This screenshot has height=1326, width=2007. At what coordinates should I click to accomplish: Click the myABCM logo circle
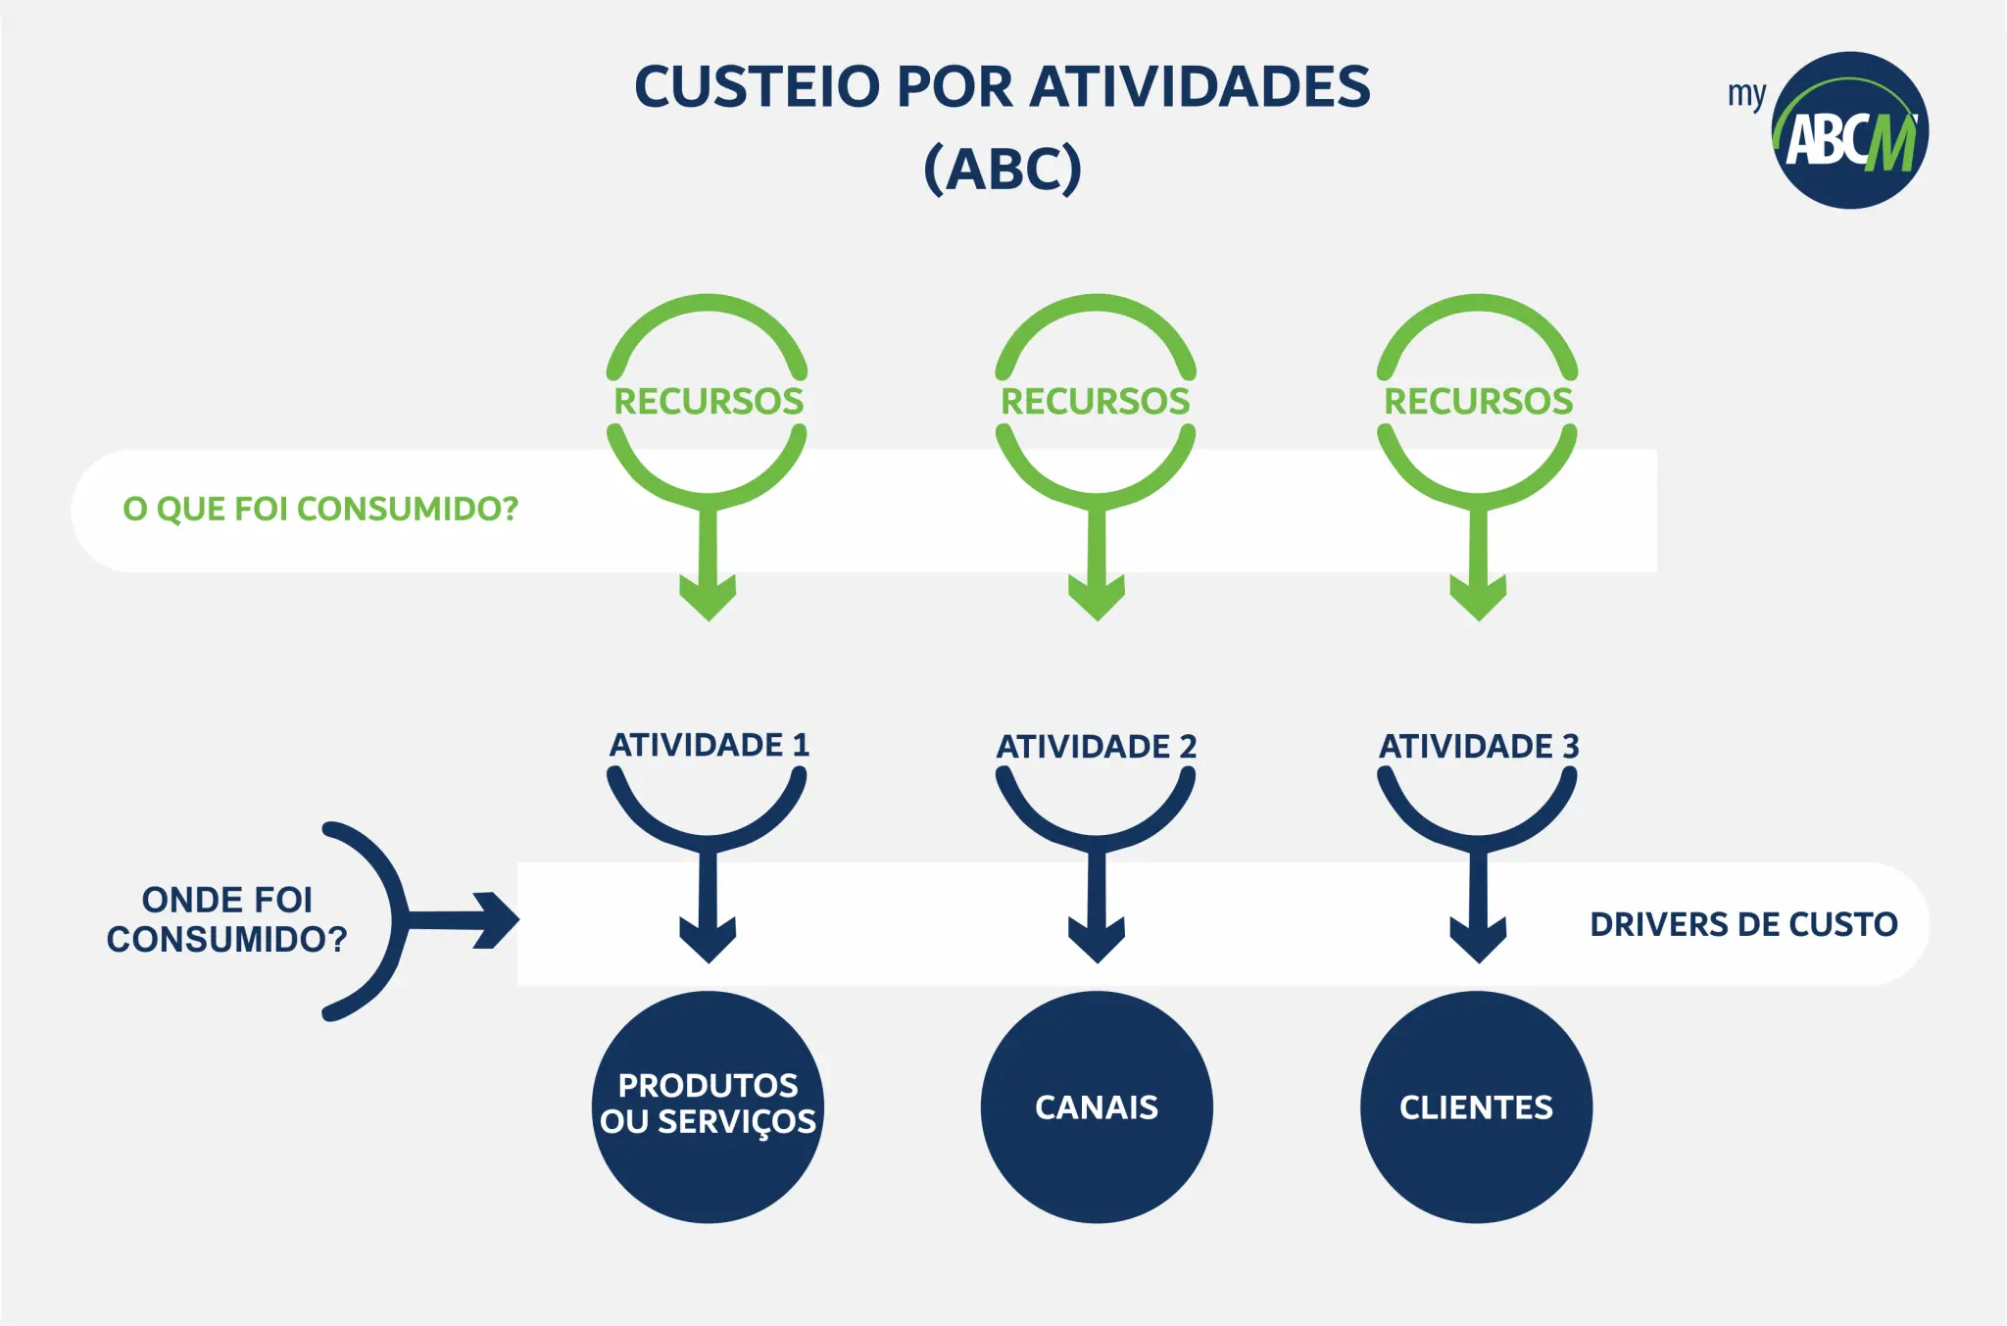coord(1850,129)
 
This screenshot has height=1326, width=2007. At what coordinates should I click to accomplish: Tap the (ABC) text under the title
coord(1003,169)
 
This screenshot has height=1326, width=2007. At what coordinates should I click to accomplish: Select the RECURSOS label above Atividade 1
coord(709,401)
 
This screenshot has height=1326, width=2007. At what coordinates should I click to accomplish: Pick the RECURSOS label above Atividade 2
coord(1096,401)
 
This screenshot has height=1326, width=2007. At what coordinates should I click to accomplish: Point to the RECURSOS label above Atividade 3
coord(1478,401)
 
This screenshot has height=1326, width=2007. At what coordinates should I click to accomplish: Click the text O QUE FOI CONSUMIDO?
coord(320,510)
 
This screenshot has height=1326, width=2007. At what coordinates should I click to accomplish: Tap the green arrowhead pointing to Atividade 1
coord(709,598)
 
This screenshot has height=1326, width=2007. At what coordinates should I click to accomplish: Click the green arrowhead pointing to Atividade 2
coord(1097,598)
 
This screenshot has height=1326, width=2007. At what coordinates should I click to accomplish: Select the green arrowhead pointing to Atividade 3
coord(1478,598)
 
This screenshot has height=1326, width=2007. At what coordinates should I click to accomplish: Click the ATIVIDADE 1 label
coord(710,745)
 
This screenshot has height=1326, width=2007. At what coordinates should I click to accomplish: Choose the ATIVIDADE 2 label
coord(1097,747)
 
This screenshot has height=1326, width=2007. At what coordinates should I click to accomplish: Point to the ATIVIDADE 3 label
coord(1479,747)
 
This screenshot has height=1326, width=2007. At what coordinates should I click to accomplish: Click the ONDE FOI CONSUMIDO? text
coord(227,919)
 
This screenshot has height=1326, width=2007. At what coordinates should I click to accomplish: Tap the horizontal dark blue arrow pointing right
coord(461,920)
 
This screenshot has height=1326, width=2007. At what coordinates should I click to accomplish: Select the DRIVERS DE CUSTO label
coord(1743,924)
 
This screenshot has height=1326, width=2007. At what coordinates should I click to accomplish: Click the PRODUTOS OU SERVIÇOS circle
coord(708,1106)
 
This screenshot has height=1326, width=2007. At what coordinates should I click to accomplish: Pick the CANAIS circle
coord(1097,1106)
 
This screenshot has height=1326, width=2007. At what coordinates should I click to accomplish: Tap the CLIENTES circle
coord(1477,1106)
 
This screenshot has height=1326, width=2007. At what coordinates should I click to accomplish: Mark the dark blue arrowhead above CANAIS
coord(1097,941)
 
